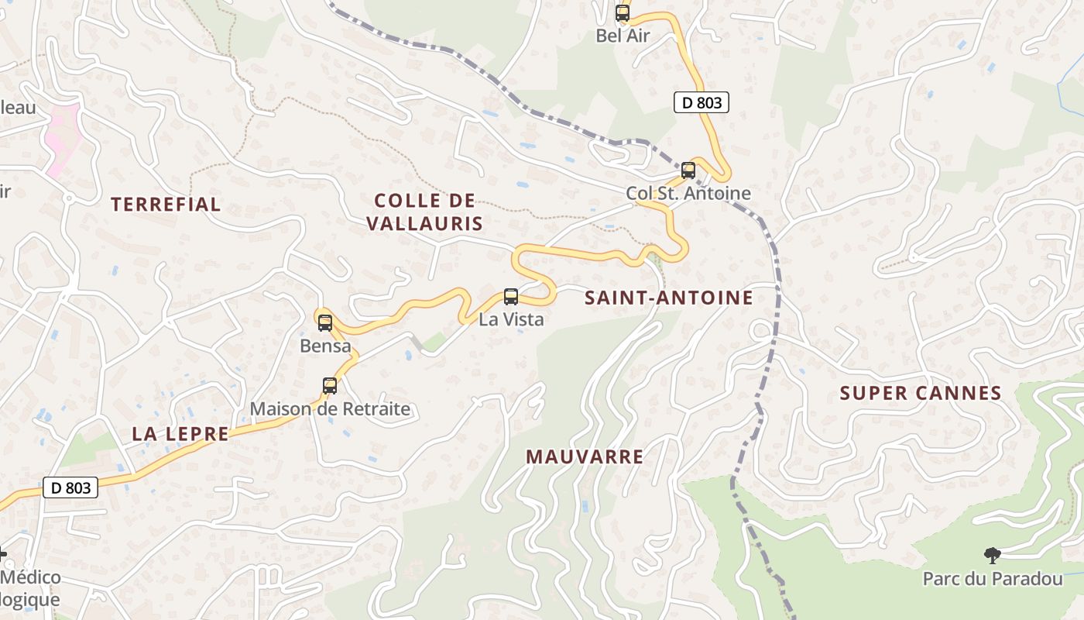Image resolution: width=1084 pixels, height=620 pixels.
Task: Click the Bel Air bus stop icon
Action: coord(623,13)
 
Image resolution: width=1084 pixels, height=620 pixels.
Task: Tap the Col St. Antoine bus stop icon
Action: coord(688,170)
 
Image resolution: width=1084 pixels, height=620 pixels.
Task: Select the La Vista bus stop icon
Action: coord(511,296)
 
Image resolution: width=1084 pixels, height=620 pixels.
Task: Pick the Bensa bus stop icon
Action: coord(325,323)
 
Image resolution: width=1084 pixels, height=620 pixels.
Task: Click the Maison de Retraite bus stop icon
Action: coord(330,386)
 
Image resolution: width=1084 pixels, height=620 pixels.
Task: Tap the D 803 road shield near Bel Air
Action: coord(702,102)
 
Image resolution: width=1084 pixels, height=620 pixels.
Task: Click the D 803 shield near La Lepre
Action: coord(70,487)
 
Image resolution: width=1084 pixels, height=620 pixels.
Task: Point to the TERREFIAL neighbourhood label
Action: coord(166,205)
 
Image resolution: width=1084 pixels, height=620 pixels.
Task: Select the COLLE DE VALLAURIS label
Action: coord(424,212)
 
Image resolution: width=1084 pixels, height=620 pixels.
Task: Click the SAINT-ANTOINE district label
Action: coord(669,298)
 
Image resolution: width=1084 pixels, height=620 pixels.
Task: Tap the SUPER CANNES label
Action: coord(921,393)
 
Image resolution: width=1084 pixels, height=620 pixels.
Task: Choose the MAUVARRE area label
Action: coord(585,456)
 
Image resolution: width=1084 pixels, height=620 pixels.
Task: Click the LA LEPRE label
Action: coord(180,434)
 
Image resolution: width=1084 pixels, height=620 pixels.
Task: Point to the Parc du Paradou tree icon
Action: coord(991,555)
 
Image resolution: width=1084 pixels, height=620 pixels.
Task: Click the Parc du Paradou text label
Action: coord(993,579)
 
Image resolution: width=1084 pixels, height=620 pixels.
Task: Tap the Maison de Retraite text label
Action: coord(330,408)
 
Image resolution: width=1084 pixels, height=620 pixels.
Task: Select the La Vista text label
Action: coord(511,319)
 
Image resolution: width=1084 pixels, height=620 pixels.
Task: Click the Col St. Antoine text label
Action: coord(688,193)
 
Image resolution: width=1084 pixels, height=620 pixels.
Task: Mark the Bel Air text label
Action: coord(623,36)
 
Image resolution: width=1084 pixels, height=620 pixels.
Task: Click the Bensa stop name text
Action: coord(325,346)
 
